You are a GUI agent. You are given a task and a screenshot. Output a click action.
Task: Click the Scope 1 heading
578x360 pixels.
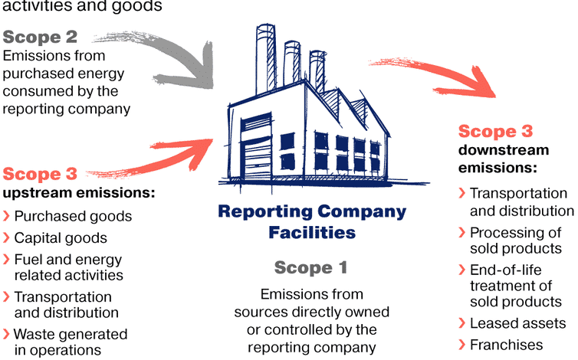click(x=310, y=267)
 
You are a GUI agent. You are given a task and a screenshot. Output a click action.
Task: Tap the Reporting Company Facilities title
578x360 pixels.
click(x=312, y=221)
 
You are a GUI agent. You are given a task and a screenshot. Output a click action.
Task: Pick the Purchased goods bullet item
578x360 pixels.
click(x=73, y=217)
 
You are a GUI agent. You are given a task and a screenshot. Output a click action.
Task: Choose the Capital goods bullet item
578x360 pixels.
click(x=61, y=238)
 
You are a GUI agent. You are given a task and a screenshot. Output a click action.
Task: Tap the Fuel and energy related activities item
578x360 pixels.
click(x=68, y=267)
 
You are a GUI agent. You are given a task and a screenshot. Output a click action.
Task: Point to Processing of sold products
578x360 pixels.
click(x=515, y=240)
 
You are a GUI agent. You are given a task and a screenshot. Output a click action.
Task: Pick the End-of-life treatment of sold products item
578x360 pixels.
click(x=515, y=286)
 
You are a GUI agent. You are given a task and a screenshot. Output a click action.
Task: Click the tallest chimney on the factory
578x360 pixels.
click(x=265, y=61)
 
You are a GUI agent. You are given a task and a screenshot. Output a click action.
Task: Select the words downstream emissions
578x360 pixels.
click(x=504, y=158)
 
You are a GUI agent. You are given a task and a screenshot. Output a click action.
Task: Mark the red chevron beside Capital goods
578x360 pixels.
click(x=7, y=238)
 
